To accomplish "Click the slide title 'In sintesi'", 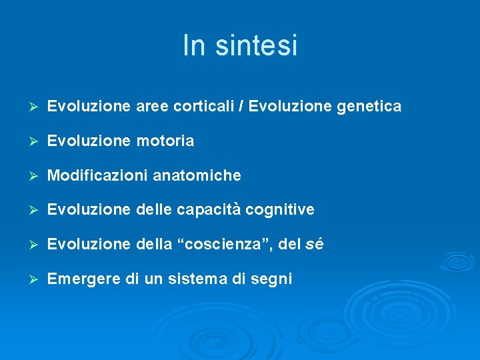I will click(240, 45).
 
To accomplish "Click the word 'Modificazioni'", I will click(98, 176).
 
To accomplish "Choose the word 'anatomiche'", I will click(197, 176).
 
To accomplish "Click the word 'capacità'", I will click(209, 211).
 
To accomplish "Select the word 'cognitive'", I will click(280, 211).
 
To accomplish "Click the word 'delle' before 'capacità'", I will click(154, 211).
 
